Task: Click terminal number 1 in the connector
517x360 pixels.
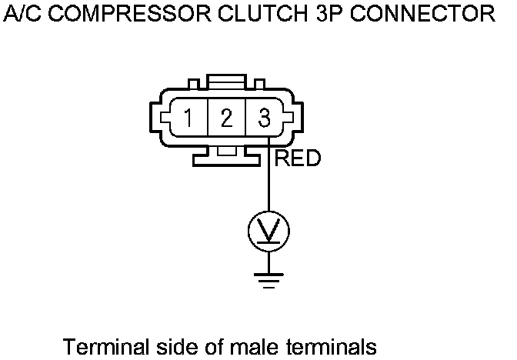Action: point(188,119)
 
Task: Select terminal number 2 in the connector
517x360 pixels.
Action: point(226,119)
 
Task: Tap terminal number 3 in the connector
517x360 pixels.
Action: point(264,119)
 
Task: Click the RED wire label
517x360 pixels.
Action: point(297,159)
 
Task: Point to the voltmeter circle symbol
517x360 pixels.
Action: point(268,228)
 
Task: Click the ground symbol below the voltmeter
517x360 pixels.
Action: point(268,278)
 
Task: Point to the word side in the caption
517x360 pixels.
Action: point(163,346)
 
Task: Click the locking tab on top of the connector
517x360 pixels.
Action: point(226,82)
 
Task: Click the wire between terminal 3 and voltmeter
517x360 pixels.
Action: point(268,185)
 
